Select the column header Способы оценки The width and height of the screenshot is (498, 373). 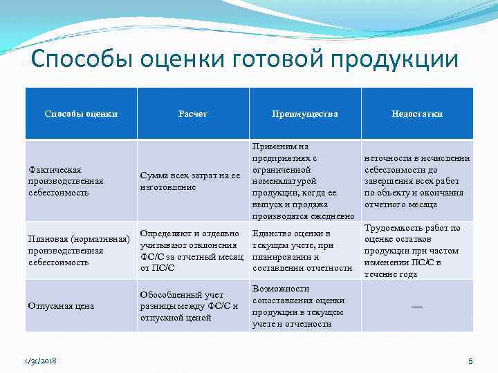coord(81,114)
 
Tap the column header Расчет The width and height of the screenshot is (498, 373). coord(192,114)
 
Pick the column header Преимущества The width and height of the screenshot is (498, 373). coord(305,114)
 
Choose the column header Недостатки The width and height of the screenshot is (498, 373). coord(416,114)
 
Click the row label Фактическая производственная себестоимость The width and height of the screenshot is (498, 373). coord(66,181)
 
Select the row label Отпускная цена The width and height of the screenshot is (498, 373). coord(61,306)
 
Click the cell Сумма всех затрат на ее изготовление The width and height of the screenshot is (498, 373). coord(190,181)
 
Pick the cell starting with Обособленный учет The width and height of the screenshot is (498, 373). coord(189,306)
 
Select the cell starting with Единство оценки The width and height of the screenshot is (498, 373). coord(302,250)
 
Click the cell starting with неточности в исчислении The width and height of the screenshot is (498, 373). coord(416,181)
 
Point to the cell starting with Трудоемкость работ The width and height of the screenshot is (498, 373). coord(416,250)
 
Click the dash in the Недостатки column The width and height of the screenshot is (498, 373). coord(416,306)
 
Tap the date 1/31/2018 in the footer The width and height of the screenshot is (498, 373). coord(39,361)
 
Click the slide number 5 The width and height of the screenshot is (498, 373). coord(470,361)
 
